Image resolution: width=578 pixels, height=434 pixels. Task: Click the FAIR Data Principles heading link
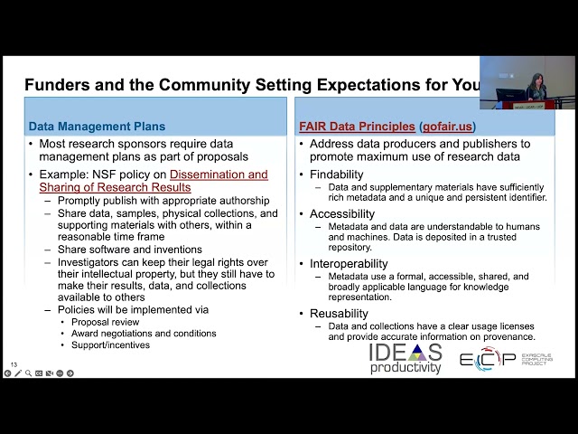358,127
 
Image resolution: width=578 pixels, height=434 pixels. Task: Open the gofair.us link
448,127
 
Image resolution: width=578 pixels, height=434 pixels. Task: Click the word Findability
336,174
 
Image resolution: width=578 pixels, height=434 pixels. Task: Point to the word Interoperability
350,263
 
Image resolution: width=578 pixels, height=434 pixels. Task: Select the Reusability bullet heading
339,313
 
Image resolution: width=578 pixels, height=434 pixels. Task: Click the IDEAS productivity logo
406,358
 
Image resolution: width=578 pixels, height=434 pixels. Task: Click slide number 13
14,364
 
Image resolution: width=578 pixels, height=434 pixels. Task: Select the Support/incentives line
111,344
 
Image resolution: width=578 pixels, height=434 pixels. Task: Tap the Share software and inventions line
129,250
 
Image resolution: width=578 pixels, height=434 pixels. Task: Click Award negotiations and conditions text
144,333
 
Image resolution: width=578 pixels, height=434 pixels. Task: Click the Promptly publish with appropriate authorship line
163,200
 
